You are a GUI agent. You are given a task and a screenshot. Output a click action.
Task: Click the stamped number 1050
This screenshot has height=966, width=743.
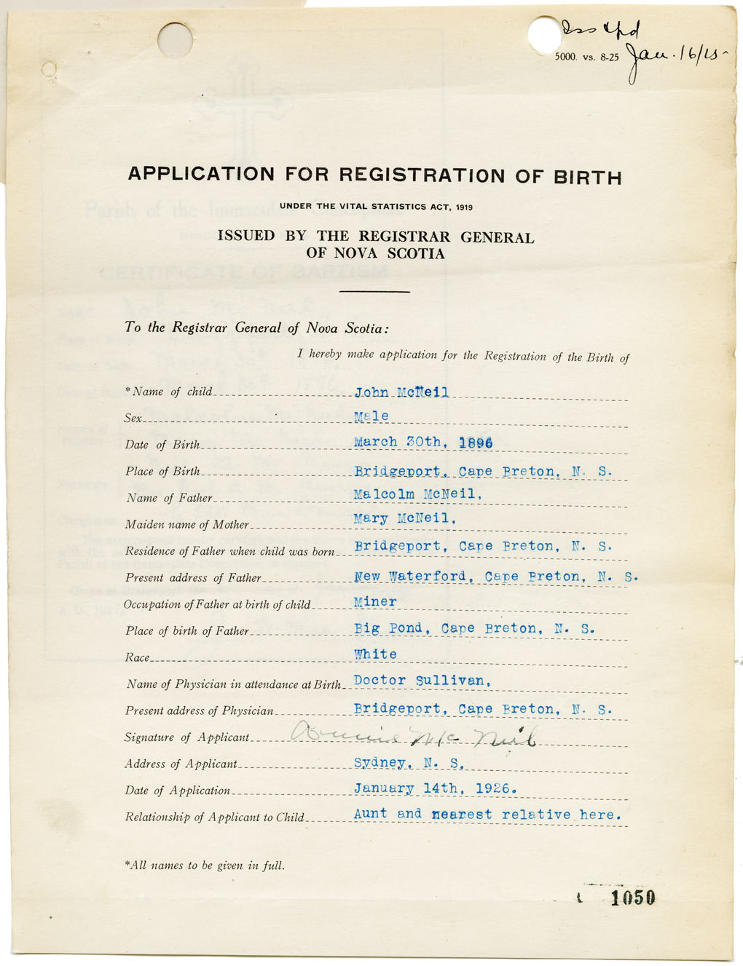click(x=633, y=898)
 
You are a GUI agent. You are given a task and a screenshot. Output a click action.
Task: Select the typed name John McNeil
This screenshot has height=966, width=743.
click(x=401, y=392)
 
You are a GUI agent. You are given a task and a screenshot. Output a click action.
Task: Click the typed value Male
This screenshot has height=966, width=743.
click(x=371, y=416)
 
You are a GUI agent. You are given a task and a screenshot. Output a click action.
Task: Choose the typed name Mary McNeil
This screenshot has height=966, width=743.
click(x=405, y=518)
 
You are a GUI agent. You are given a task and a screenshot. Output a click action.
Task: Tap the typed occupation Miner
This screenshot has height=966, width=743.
click(x=375, y=602)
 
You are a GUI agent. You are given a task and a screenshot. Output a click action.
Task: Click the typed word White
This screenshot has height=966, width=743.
click(x=376, y=654)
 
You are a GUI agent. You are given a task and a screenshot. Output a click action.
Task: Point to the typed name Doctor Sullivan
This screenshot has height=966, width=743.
click(x=422, y=681)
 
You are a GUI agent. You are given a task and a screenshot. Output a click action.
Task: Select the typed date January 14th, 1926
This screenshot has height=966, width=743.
click(x=435, y=788)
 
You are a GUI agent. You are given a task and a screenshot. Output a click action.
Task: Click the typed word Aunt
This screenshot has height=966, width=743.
click(x=371, y=814)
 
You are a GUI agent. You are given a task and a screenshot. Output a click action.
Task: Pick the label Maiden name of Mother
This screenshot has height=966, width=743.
click(x=187, y=524)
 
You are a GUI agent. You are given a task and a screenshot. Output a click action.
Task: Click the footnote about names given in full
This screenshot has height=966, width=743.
click(x=205, y=866)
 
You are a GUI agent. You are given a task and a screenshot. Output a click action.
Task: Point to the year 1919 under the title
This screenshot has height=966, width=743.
click(x=465, y=207)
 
